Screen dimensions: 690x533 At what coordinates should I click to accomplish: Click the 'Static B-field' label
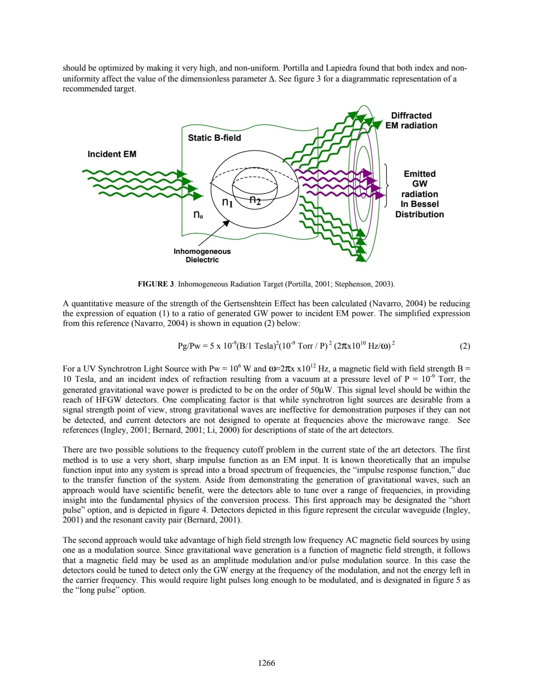coord(214,138)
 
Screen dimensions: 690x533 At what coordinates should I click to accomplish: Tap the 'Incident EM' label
coord(112,154)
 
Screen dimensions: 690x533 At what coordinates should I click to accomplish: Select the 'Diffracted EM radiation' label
coord(411,121)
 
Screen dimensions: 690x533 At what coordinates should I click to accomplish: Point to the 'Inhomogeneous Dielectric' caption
coord(202,255)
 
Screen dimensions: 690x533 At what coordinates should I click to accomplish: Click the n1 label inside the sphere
coord(228,203)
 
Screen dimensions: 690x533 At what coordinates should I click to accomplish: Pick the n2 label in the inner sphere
coord(255,200)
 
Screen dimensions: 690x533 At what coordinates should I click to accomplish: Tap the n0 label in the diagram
coord(198,215)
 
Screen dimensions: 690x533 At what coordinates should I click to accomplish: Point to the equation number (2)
coord(464,346)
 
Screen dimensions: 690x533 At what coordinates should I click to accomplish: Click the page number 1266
coord(266,663)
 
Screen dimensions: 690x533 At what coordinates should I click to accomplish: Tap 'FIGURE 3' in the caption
coord(155,284)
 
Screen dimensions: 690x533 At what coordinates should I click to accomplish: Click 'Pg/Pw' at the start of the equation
coord(188,346)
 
